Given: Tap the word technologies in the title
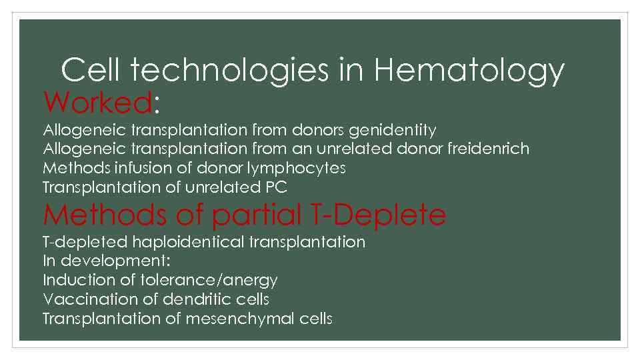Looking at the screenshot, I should click(230, 69).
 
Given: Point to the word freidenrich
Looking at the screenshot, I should click(488, 149).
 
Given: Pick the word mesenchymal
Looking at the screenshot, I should click(239, 319).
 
